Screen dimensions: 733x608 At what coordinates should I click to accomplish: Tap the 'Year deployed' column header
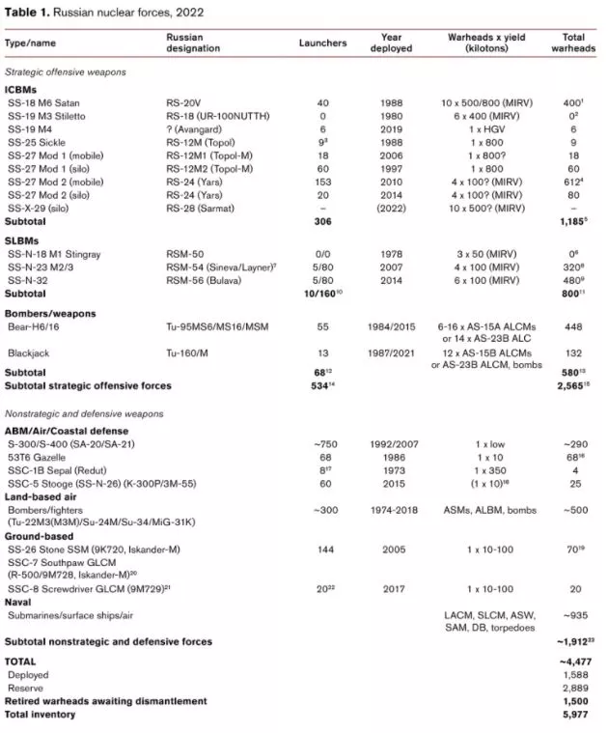[x=391, y=43]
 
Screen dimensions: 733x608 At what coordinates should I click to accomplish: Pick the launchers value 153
[x=322, y=181]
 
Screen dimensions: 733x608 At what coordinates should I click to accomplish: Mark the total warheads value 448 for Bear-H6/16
[x=573, y=327]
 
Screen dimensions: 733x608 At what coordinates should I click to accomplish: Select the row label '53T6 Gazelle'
[x=39, y=456]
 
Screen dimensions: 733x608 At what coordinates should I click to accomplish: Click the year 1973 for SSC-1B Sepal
[x=391, y=469]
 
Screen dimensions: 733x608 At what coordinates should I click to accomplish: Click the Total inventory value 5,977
[x=573, y=713]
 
